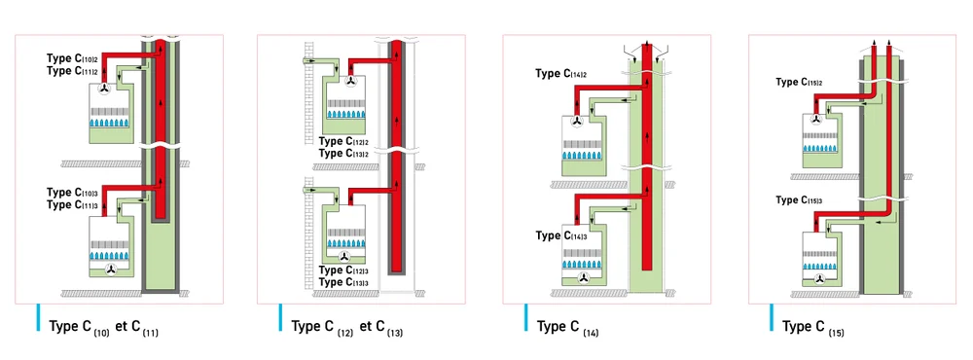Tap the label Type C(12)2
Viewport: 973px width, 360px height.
(x=343, y=141)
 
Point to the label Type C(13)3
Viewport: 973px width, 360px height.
(x=343, y=282)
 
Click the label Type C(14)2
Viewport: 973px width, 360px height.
(x=561, y=75)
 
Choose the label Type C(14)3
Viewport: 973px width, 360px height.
(x=561, y=235)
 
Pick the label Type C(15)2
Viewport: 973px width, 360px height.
(x=799, y=83)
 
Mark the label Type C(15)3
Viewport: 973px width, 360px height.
(x=799, y=200)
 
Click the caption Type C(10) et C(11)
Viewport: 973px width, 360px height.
(x=104, y=328)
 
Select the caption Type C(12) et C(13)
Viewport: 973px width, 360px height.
(x=347, y=328)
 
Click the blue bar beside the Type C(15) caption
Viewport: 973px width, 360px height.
(x=772, y=317)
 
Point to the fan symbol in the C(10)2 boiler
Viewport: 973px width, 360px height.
(x=104, y=89)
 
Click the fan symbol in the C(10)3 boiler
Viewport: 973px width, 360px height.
(x=112, y=270)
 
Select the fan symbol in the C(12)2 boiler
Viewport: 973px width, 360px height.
(x=351, y=82)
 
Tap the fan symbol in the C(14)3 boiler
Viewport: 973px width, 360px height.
(x=582, y=278)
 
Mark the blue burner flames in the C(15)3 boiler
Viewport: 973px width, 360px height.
(x=821, y=267)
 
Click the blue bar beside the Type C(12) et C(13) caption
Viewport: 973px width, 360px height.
(x=280, y=317)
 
